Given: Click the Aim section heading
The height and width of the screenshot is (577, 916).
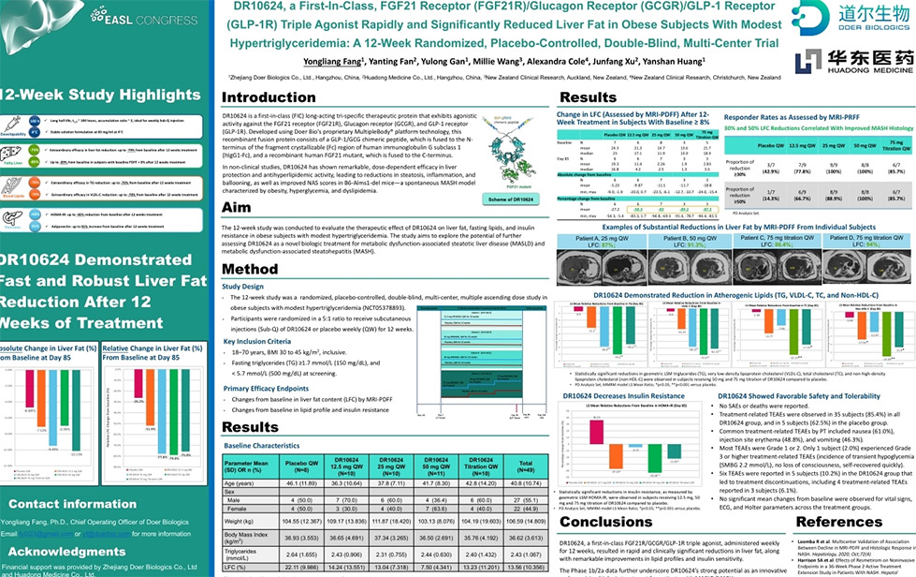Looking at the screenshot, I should tap(236, 207).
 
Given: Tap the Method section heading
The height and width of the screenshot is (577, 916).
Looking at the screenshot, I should tap(250, 269).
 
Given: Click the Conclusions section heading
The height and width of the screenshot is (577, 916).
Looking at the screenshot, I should tap(605, 522).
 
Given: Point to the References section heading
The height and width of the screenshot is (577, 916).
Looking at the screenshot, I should tap(839, 522).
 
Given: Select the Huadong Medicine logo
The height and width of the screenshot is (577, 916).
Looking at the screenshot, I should tap(851, 60).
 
